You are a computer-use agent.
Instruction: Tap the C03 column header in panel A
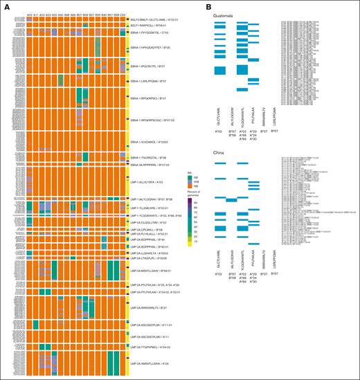coord(123,14)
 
